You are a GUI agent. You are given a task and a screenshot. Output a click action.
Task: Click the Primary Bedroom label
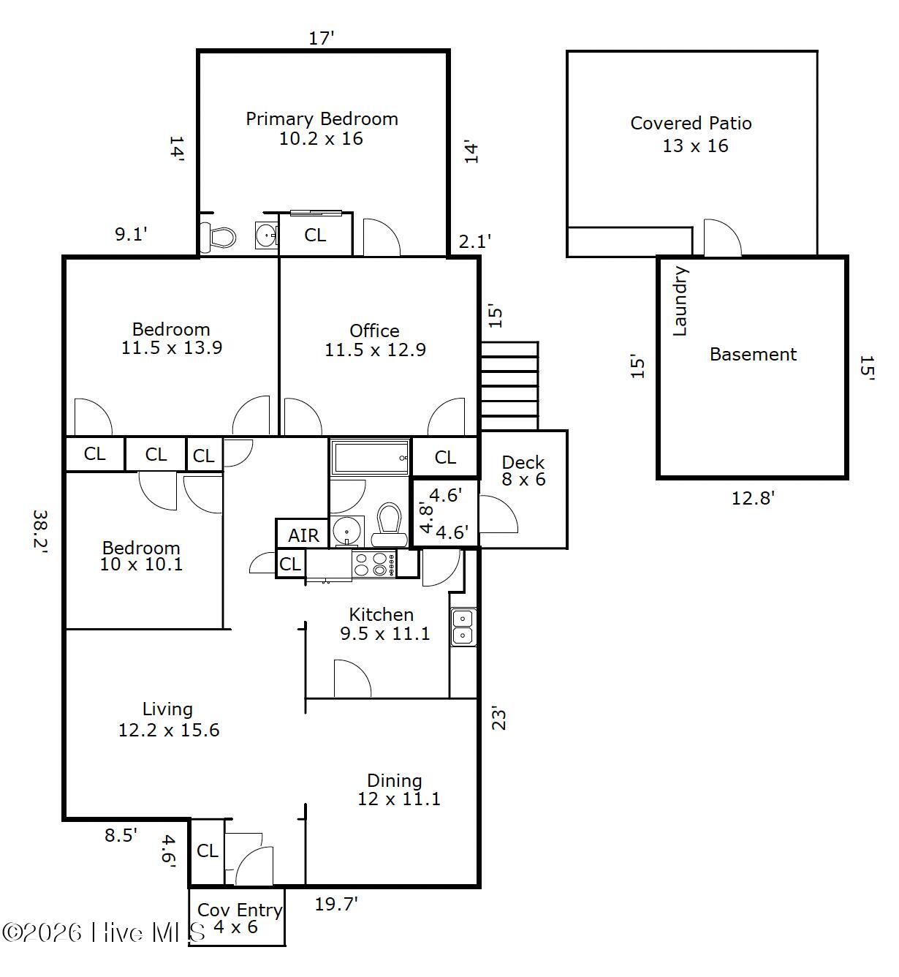coord(322,129)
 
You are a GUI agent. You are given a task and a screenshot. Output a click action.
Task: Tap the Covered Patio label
coord(691,135)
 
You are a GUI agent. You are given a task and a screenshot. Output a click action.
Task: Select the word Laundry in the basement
coord(680,301)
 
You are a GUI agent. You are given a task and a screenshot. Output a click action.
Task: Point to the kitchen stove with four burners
coord(374,565)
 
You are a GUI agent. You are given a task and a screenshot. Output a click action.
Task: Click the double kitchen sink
coord(463,627)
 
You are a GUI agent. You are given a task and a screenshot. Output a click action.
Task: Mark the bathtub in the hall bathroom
coord(371,457)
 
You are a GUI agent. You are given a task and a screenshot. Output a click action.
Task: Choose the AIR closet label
coord(303,536)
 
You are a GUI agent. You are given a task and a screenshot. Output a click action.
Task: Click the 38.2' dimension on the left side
coord(40,533)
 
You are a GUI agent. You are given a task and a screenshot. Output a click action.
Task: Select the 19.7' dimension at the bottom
coord(336,905)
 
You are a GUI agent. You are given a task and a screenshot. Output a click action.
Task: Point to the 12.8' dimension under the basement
coord(753,498)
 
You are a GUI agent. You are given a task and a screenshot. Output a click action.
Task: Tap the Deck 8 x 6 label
coord(523,470)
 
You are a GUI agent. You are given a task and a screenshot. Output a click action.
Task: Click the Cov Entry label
coord(240,910)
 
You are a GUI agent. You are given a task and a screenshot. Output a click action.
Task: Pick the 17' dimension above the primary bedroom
coord(322,39)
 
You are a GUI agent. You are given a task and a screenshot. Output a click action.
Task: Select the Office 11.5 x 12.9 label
coord(375,340)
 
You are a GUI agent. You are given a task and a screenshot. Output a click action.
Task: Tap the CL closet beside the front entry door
coord(208,851)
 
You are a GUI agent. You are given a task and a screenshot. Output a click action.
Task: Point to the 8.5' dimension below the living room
coord(121,835)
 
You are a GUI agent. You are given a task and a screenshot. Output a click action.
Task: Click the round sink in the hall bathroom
coord(346,530)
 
